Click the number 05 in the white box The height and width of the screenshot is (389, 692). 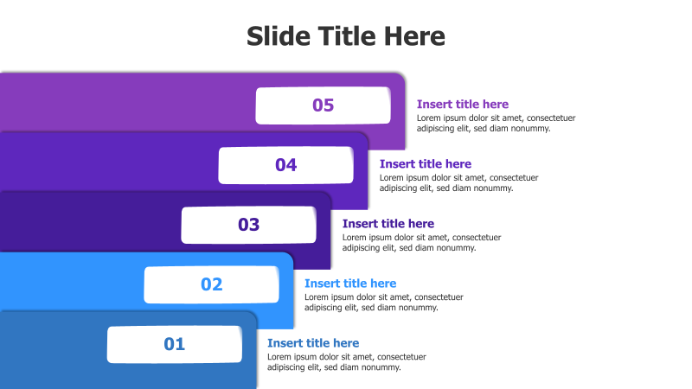click(323, 105)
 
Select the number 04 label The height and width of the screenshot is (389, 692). click(286, 165)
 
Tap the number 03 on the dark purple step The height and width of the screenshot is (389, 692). click(249, 225)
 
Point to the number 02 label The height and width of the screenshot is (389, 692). click(212, 284)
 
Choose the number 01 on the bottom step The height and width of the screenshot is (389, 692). click(175, 344)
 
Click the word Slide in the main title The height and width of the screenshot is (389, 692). click(277, 36)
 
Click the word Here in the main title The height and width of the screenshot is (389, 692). click(413, 36)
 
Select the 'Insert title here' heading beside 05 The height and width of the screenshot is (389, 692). click(463, 105)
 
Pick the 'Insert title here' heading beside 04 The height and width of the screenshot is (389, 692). click(426, 164)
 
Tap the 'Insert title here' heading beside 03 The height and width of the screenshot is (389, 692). click(388, 224)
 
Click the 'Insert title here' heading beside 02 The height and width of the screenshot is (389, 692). click(350, 284)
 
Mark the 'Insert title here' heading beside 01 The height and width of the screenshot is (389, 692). click(313, 343)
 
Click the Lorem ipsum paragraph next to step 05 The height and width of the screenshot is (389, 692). click(496, 123)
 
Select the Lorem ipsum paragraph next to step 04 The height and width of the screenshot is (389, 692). click(458, 182)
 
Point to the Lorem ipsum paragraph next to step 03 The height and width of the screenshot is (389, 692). click(421, 242)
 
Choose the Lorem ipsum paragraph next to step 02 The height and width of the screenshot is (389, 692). click(383, 302)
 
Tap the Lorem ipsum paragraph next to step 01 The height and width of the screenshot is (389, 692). click(346, 361)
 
